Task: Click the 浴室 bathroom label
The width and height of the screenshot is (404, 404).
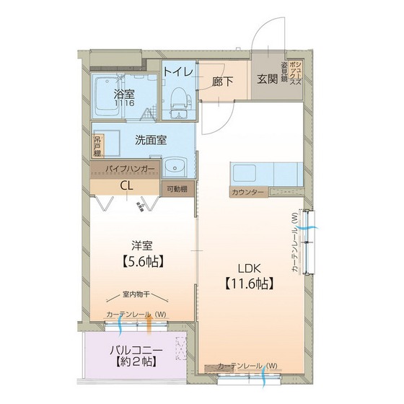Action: click(123, 94)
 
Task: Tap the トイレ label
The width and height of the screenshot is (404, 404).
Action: click(177, 71)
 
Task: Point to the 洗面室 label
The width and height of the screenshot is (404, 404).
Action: click(151, 140)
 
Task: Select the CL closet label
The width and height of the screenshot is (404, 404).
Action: click(126, 185)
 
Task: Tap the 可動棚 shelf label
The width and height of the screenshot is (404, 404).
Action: click(177, 189)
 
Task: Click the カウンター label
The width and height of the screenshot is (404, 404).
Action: click(247, 193)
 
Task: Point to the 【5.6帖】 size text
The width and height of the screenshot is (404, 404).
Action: click(141, 260)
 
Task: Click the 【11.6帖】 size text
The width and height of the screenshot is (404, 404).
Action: click(247, 284)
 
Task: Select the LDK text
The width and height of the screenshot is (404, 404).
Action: click(247, 265)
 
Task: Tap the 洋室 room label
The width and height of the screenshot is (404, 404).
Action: click(141, 245)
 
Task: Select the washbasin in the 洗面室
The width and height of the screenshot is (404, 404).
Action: click(174, 168)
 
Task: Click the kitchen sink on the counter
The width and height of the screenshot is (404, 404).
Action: click(246, 175)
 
